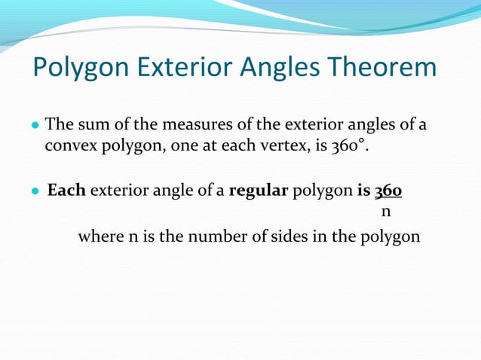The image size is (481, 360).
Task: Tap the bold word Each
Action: pyautogui.click(x=66, y=191)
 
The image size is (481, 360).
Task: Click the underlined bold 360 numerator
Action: pyautogui.click(x=388, y=191)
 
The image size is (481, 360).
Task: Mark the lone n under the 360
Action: pyautogui.click(x=386, y=212)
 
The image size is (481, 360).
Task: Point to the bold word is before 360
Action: pyautogui.click(x=363, y=191)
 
